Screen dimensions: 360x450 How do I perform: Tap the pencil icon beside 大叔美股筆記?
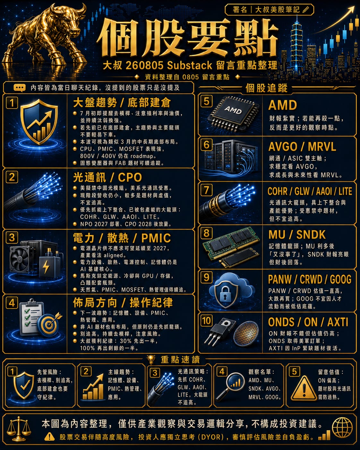[x=305, y=10]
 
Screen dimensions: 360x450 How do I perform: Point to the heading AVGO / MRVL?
[x=302, y=147]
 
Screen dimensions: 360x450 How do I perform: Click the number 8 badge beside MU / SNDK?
[x=206, y=233]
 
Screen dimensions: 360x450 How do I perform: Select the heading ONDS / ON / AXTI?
[x=308, y=322]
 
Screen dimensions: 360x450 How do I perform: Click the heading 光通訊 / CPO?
[x=107, y=177]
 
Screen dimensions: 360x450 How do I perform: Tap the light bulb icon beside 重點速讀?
[x=151, y=359]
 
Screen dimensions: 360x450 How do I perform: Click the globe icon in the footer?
[x=342, y=428]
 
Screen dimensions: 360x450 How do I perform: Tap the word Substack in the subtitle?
[x=190, y=65]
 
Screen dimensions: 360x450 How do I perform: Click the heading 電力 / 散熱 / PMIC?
[x=122, y=238]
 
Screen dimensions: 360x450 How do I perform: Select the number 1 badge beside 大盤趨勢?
[x=12, y=103]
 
